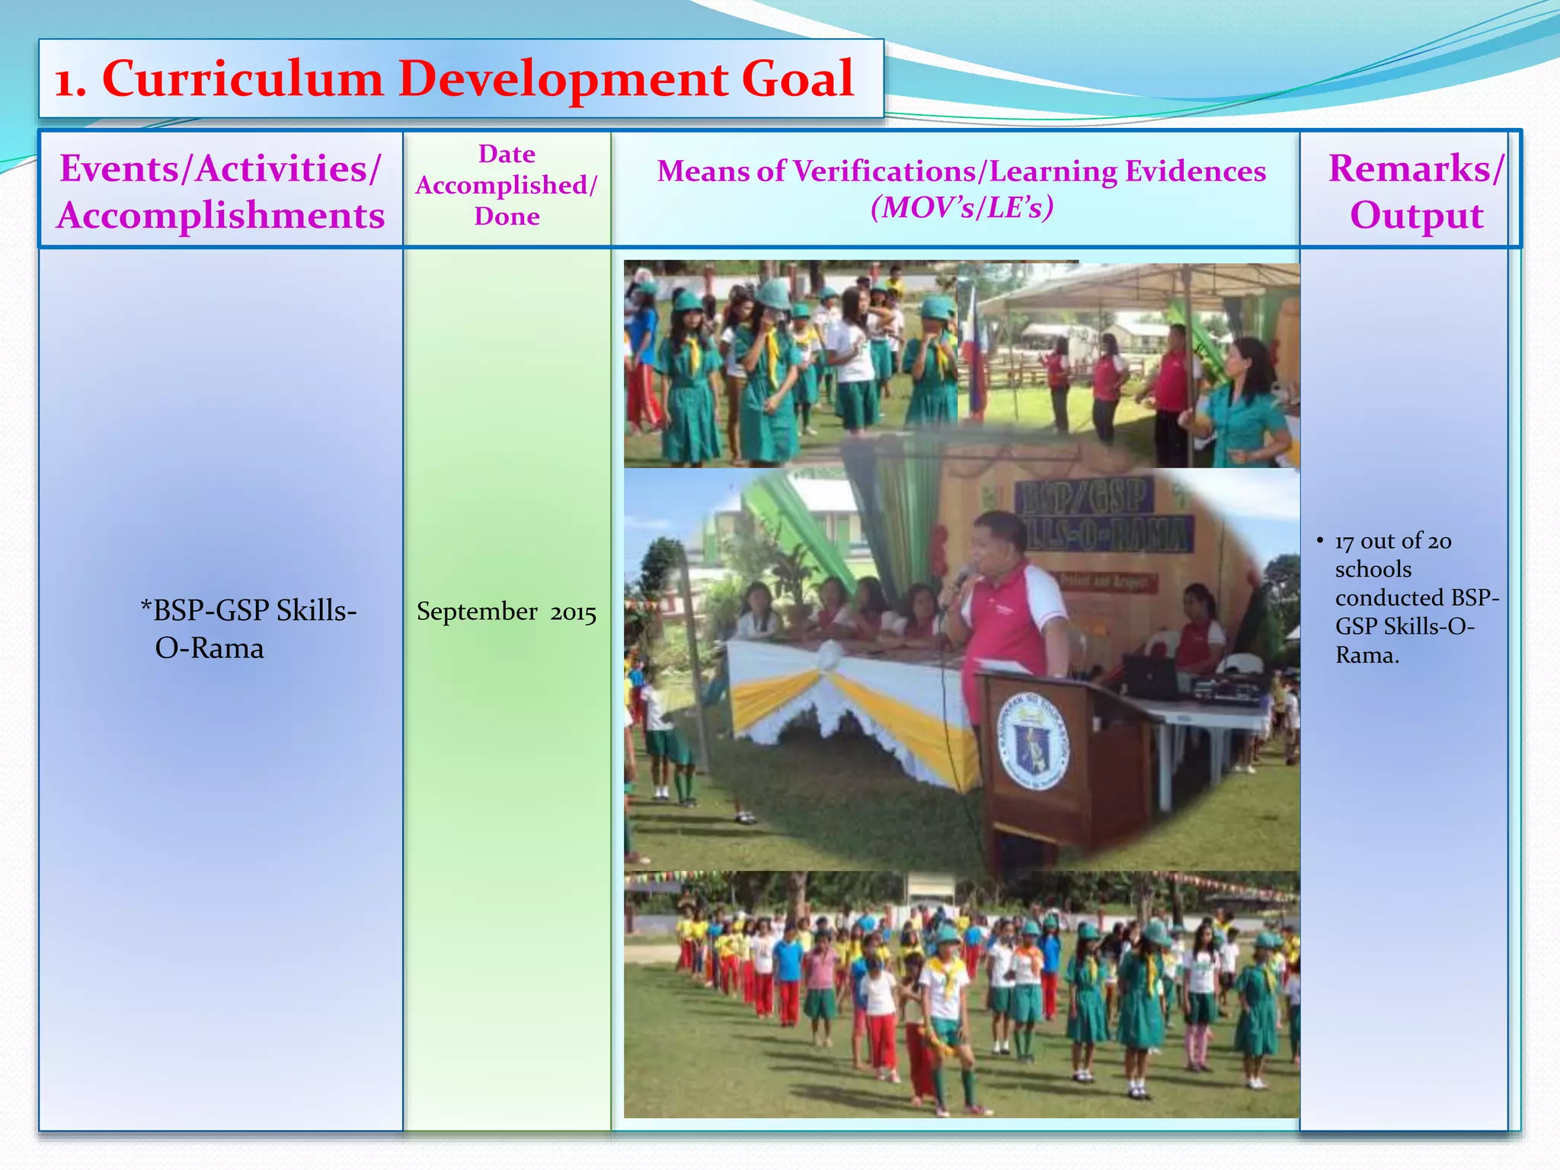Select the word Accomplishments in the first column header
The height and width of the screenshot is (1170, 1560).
pos(221,216)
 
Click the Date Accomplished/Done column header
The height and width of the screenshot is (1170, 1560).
pos(507,185)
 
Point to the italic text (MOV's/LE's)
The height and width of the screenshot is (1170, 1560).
pos(962,207)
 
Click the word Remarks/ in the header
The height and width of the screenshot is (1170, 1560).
pos(1416,168)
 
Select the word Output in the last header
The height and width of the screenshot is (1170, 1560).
pos(1416,216)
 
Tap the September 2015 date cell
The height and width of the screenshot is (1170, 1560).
pos(506,612)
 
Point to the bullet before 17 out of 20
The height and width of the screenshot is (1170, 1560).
pos(1320,541)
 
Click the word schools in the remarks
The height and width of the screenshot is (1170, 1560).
pos(1373,569)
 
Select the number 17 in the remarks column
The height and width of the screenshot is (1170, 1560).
pos(1344,541)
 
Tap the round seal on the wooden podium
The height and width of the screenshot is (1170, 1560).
pos(1033,741)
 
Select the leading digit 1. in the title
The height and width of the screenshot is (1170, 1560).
pos(70,81)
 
